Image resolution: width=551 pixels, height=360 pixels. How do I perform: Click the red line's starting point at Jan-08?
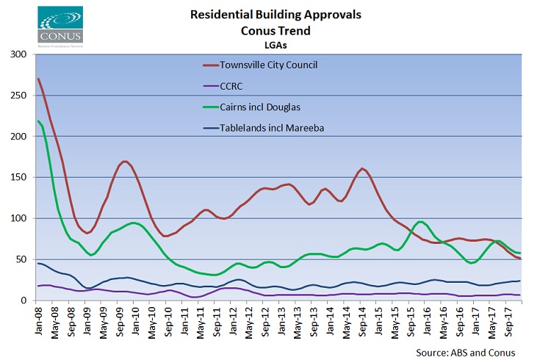point(37,79)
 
